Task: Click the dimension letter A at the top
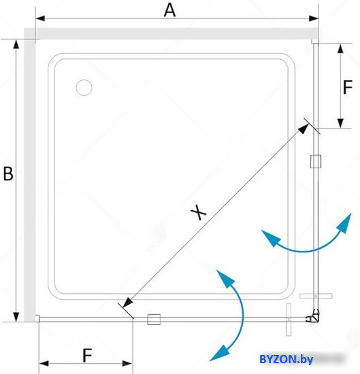coord(169,10)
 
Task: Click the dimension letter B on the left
coord(8,173)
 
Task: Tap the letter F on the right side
coord(348,87)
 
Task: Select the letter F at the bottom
coord(87,356)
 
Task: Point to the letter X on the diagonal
coord(199,212)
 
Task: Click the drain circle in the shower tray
coord(84,88)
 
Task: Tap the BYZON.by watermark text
coord(286,359)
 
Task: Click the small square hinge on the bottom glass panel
coord(154,320)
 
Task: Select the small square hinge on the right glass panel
coord(316,161)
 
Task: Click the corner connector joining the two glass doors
coord(314,317)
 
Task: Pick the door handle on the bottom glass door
coord(289,320)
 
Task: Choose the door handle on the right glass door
coord(316,296)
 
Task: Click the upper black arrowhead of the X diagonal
coord(304,129)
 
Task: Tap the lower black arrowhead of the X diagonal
coord(127,303)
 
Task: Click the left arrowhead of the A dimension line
coord(40,18)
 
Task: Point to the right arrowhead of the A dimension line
coord(314,18)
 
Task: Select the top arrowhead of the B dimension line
coord(16,44)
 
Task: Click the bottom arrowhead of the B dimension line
coord(16,317)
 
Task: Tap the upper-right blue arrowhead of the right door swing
coord(344,223)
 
